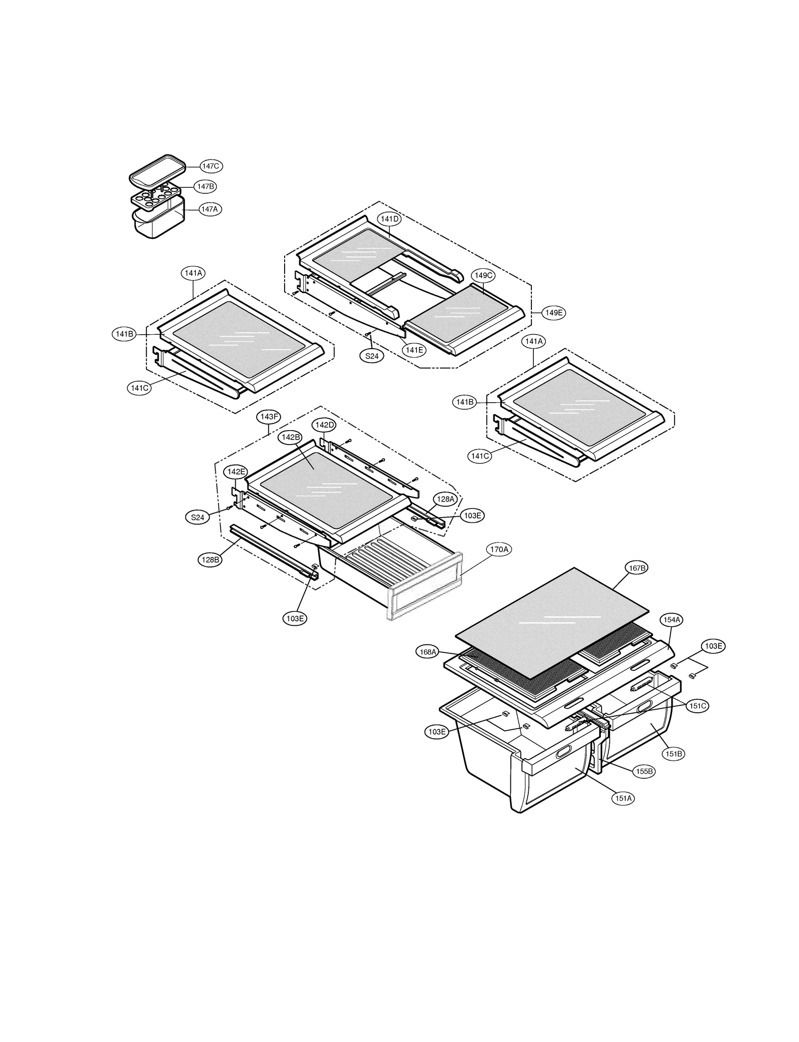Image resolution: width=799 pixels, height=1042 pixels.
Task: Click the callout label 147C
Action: coord(211,166)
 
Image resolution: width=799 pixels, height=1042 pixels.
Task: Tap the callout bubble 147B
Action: coord(205,186)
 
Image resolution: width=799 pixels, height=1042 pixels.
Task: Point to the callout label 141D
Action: coord(389,219)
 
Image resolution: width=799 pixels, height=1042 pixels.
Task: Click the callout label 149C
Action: coord(483,275)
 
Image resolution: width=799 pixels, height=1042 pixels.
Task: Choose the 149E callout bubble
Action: coord(554,313)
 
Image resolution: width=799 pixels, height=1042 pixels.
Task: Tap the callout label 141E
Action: coord(414,350)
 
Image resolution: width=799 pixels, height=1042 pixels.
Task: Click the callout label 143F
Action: coord(269,417)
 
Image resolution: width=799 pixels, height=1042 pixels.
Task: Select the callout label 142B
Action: coord(291,437)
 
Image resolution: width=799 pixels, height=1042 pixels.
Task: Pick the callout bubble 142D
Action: coord(324,425)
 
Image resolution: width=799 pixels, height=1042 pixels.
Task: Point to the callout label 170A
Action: coord(499,549)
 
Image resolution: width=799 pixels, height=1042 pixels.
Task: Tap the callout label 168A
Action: coord(428,652)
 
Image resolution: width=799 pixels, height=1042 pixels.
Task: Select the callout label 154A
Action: coord(671,620)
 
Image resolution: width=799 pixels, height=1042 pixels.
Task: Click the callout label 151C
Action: coord(697,706)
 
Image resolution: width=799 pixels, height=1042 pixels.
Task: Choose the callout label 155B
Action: coord(644,771)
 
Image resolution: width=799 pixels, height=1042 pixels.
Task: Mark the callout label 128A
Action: coord(444,499)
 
